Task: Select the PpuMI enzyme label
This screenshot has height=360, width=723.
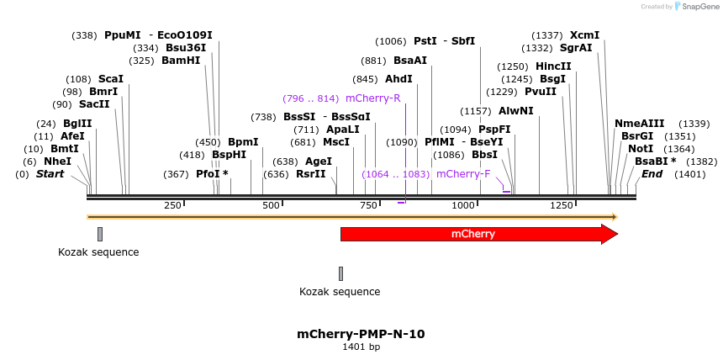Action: [121, 35]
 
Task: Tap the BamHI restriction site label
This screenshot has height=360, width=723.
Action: [181, 61]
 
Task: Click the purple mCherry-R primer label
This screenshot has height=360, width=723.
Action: [372, 98]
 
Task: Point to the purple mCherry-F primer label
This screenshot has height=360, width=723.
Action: [463, 174]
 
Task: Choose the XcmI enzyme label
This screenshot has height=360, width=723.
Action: [584, 35]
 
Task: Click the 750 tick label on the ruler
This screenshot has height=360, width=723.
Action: [367, 205]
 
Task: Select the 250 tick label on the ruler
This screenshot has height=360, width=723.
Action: [172, 205]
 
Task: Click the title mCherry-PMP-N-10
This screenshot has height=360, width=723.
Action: [361, 334]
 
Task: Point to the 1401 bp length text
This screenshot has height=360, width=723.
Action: [361, 347]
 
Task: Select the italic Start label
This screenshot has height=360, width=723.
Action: [50, 174]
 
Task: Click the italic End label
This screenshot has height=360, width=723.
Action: [652, 174]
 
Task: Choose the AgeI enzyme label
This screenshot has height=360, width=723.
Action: [318, 161]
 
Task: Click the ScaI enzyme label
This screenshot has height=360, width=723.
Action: [110, 79]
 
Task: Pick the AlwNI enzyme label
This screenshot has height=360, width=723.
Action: [515, 111]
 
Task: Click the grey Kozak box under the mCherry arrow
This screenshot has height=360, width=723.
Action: [340, 273]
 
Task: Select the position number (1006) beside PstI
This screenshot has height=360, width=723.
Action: [391, 41]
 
